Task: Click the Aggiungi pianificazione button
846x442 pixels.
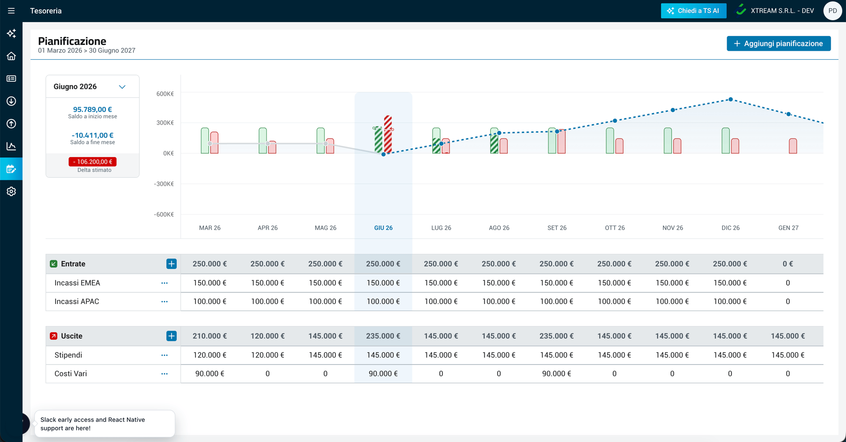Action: (778, 44)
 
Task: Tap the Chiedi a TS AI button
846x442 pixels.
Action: (693, 11)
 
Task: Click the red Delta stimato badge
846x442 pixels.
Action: (92, 162)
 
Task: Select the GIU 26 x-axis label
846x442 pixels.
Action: (383, 228)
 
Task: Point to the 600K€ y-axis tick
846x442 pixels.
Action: (165, 94)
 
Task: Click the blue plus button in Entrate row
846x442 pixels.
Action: (171, 264)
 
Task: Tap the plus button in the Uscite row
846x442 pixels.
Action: (171, 336)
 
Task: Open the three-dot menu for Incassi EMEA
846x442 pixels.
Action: (165, 283)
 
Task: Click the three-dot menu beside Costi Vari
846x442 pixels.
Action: (165, 374)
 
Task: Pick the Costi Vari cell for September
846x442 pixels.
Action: (557, 374)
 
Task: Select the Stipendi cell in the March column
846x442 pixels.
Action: (210, 355)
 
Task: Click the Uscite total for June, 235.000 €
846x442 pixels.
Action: (383, 336)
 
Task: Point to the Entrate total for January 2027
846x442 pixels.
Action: (788, 264)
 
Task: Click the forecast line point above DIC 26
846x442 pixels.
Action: (731, 99)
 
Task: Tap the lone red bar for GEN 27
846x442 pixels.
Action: (793, 146)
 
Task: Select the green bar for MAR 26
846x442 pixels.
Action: (205, 141)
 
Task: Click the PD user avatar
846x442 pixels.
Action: (832, 11)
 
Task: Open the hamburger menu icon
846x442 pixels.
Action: (11, 11)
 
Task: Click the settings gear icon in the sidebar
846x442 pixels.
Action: (11, 191)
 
